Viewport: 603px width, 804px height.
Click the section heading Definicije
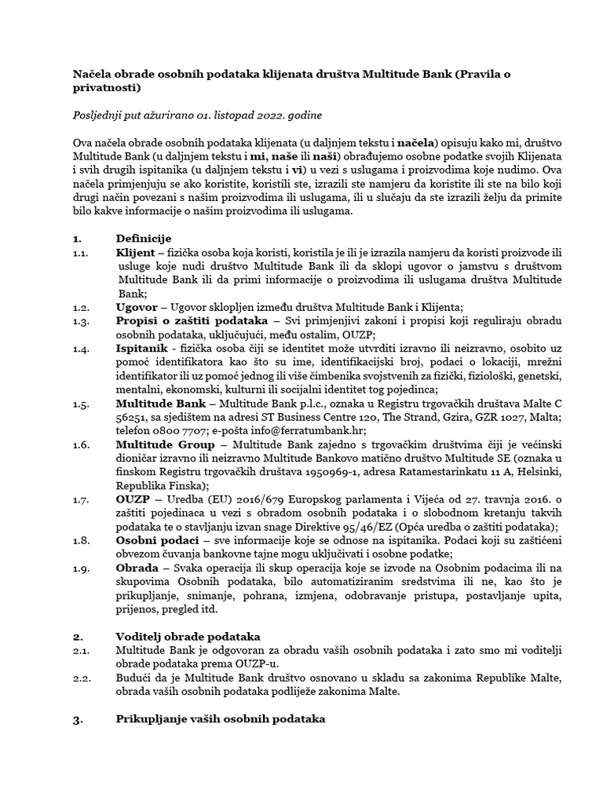pos(144,238)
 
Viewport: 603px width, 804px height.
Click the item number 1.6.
pos(82,444)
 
